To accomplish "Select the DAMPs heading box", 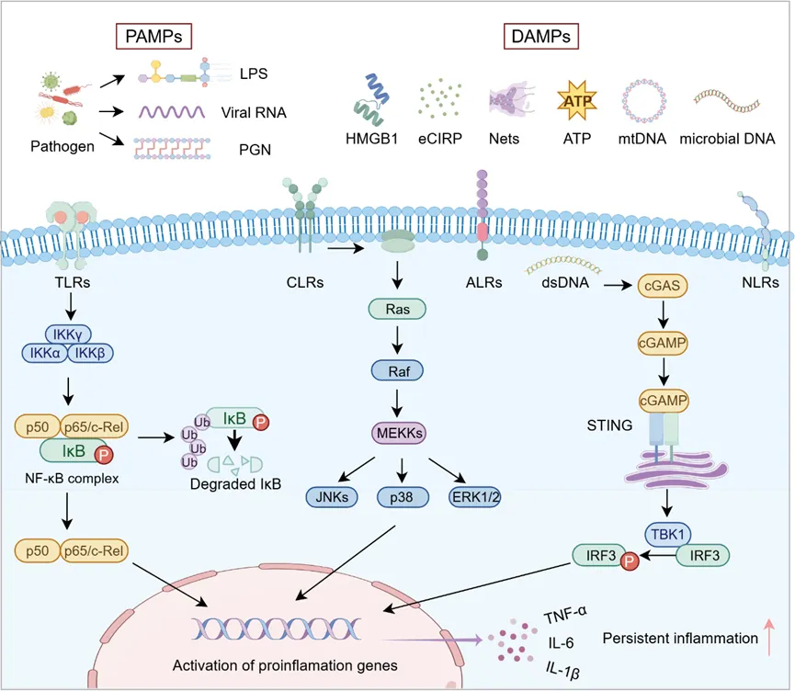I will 540,38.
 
